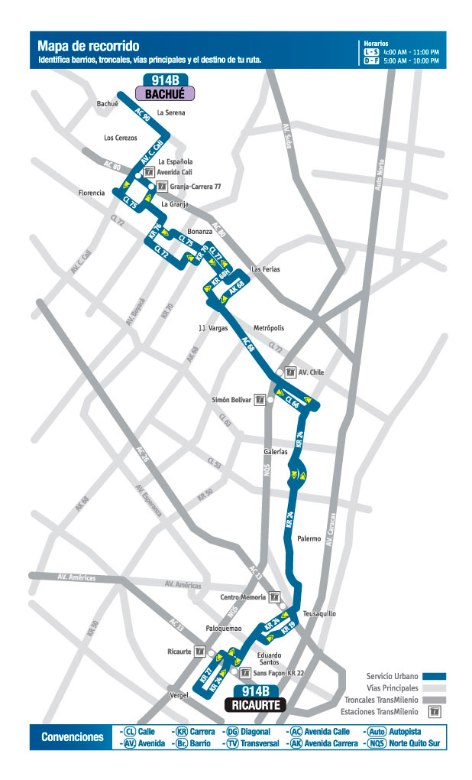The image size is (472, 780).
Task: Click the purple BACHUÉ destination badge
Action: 165,93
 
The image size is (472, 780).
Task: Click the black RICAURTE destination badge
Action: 255,705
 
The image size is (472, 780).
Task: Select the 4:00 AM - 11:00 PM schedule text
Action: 412,51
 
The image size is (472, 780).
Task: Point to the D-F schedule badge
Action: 371,60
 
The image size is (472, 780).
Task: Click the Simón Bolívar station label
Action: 231,400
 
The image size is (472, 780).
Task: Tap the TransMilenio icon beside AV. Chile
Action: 290,372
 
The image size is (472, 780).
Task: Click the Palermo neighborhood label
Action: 309,539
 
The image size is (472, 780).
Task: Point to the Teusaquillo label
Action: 319,613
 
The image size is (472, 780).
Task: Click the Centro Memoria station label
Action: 243,596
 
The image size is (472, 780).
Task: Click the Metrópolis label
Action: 268,328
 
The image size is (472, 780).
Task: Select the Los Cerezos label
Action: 120,138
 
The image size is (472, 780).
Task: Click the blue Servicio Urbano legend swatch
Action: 435,676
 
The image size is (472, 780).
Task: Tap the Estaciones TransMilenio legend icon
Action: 435,711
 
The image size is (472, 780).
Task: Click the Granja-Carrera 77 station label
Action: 196,187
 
